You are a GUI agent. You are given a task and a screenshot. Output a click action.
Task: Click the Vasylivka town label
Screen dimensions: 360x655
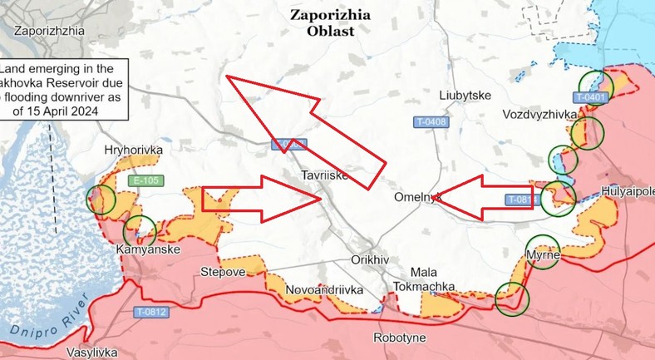92,352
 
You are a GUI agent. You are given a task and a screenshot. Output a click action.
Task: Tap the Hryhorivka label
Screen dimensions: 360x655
133,150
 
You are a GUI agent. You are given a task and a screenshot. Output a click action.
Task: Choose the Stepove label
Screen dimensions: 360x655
223,272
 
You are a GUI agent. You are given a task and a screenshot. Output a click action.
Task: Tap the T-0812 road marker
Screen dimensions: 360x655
150,312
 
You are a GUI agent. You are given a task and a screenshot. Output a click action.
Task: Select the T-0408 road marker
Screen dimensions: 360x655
431,122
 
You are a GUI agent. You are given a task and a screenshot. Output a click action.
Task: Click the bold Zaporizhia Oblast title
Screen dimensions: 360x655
327,22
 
